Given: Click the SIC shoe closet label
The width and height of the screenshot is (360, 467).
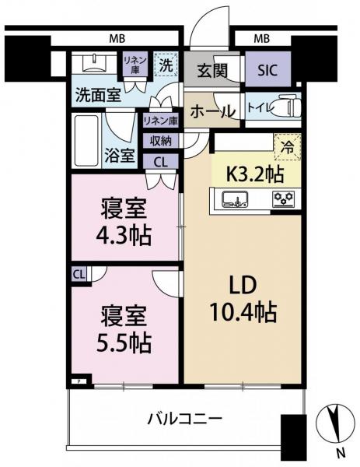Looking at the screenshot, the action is coord(267,70).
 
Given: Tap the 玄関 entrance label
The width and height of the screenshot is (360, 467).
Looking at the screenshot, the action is coord(212,71).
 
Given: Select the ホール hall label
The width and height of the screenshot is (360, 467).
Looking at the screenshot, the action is coord(213,111).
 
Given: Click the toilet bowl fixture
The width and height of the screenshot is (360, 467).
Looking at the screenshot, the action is coord(288,107).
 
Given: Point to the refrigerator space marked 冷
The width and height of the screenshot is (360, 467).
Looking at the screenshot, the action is coord(288,147).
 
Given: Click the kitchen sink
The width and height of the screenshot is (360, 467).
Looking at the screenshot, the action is coord(235,199).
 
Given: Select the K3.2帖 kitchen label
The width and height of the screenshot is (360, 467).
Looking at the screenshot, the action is coord(255,174).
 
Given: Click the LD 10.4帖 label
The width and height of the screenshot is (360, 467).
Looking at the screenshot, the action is coord(243,300).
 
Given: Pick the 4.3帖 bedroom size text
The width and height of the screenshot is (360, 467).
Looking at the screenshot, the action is coord(123,235).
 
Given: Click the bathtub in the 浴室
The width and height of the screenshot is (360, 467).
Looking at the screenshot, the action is coord(86,140).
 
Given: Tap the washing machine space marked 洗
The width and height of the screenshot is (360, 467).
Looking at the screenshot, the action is coord(166,65).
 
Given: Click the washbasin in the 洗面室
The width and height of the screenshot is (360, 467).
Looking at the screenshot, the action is coord(95,63).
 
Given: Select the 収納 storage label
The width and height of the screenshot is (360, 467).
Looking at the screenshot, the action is coord(161,141).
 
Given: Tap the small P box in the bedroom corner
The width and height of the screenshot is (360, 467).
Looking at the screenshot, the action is coord(79,381).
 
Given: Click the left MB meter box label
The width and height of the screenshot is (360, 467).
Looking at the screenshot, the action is coord(117,39).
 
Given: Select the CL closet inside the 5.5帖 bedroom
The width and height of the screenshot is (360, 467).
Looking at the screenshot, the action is coord(79,275).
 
